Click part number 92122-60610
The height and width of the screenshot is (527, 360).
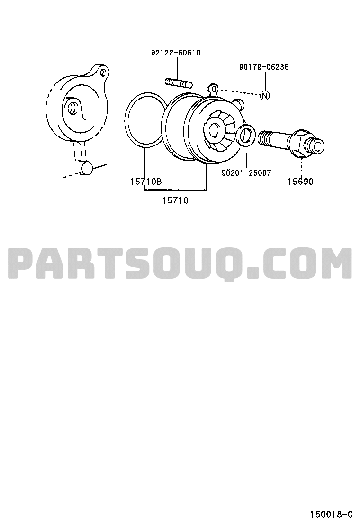[x=176, y=53]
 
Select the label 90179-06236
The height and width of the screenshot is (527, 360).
[x=264, y=67]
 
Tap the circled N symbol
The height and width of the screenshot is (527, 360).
[x=265, y=95]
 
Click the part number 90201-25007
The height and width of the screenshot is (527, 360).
[x=246, y=173]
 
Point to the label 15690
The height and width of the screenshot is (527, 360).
[x=300, y=182]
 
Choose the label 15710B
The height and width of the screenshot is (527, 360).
[x=146, y=182]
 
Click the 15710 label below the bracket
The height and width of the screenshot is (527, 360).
[x=175, y=200]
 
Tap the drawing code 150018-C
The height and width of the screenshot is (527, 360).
[x=331, y=514]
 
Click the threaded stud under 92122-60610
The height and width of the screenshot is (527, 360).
[x=178, y=82]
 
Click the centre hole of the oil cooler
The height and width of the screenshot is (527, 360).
[x=214, y=129]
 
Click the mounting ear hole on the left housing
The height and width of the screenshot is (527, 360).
[x=104, y=72]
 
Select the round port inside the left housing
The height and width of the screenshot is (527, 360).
[x=72, y=108]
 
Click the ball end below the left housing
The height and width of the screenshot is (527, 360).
[x=87, y=167]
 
